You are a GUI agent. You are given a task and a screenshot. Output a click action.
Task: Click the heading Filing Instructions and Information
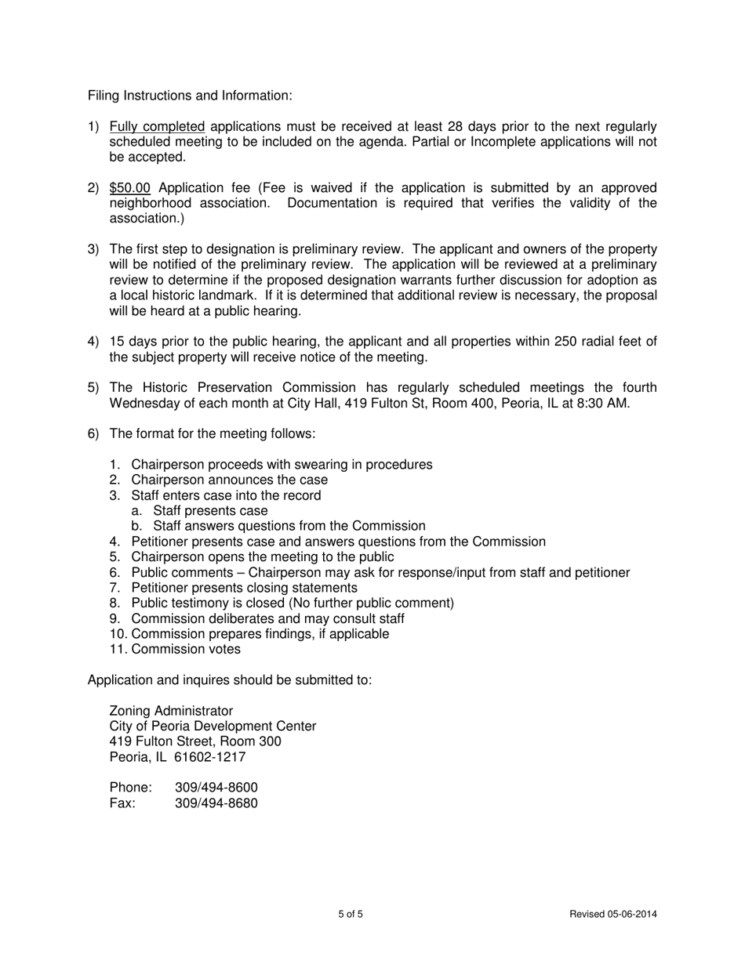(190, 96)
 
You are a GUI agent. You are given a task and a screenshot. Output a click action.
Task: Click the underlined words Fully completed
(157, 127)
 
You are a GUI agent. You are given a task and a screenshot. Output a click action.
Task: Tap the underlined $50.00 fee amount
(129, 188)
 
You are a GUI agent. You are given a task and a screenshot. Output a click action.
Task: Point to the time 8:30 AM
(603, 404)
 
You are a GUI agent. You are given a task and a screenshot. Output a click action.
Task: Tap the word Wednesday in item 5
(144, 404)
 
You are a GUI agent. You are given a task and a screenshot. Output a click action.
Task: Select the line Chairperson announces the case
(229, 480)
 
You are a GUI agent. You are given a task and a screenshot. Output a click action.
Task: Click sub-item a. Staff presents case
(210, 510)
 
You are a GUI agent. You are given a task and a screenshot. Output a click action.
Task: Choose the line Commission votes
(186, 649)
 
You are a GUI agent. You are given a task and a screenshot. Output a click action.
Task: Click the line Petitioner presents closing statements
(244, 588)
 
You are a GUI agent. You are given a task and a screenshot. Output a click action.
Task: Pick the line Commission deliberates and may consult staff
(267, 618)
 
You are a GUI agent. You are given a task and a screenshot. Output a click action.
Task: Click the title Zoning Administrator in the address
(171, 711)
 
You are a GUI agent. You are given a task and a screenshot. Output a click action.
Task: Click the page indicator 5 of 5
(351, 915)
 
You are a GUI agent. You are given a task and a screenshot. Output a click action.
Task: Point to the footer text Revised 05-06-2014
(612, 915)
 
